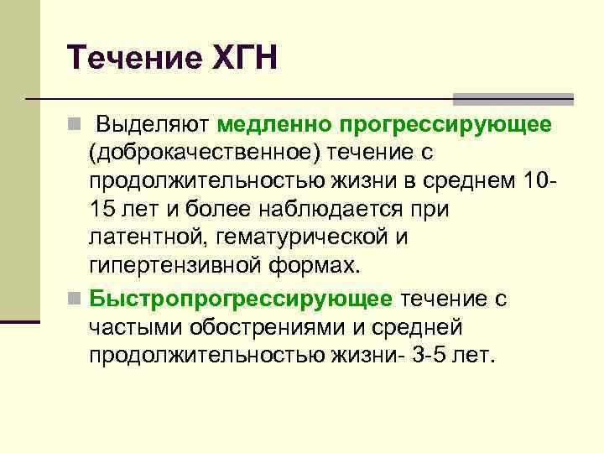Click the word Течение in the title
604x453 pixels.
[x=126, y=59]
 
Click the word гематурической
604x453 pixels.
[x=300, y=237]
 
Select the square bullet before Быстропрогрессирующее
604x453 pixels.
[x=76, y=299]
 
